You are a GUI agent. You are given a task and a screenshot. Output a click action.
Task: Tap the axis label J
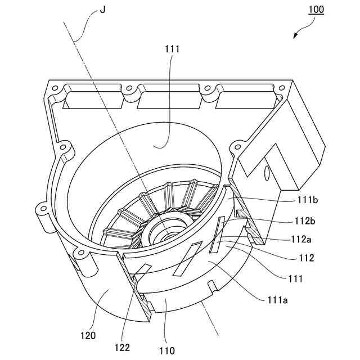[x=102, y=10]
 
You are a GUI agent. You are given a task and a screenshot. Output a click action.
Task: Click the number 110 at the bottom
[x=167, y=350]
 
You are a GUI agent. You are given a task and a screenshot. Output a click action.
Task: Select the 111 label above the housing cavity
[x=173, y=49]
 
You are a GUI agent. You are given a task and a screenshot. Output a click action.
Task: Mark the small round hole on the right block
[x=265, y=175]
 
